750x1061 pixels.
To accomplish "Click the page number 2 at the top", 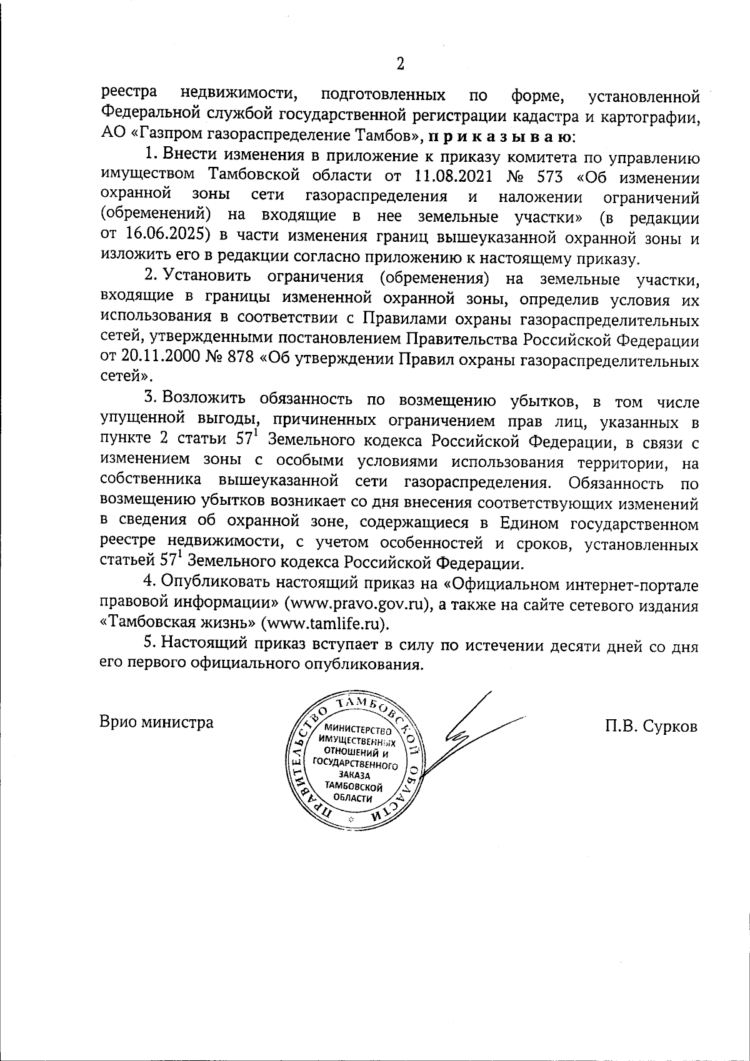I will (401, 63).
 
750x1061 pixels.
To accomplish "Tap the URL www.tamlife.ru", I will (324, 624).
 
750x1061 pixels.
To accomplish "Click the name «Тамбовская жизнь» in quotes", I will (178, 624).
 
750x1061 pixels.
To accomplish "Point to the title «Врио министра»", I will (157, 723).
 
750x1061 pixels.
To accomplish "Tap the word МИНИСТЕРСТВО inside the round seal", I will (354, 729).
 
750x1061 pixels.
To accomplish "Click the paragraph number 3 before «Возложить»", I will (148, 398).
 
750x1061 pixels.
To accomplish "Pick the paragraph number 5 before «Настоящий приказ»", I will (148, 643).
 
